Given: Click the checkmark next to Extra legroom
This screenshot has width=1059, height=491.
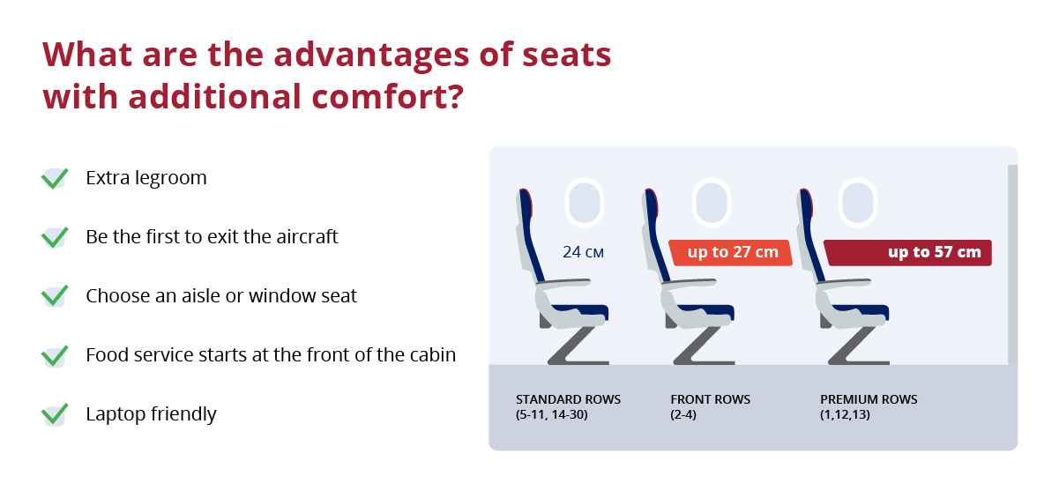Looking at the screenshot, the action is (55, 179).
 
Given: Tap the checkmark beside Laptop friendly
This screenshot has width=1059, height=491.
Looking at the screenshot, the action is (55, 414).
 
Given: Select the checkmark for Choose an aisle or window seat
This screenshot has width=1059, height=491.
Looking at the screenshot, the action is (55, 296).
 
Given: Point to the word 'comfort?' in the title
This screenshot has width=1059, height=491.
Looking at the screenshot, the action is (388, 97).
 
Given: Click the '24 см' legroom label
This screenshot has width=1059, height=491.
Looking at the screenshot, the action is (583, 252).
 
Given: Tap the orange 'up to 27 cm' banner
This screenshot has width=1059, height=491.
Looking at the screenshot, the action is (731, 253).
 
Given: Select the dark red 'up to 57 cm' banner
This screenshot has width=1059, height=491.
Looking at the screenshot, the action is (907, 253).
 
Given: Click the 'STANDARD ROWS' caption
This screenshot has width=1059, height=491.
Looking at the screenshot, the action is (568, 399).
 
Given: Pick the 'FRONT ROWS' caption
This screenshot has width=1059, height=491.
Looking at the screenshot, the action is (710, 399).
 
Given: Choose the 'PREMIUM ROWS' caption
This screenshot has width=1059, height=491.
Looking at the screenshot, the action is (869, 399).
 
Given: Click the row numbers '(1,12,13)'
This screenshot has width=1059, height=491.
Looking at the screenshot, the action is (845, 414).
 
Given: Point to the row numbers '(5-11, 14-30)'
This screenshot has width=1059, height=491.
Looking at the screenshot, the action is (552, 414).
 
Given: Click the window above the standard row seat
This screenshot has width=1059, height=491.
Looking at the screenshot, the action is (585, 204).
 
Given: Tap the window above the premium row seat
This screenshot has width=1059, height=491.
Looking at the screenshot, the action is (858, 204).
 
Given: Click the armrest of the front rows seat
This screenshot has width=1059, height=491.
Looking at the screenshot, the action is (689, 283).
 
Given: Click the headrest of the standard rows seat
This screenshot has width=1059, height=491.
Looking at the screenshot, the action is (526, 204).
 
